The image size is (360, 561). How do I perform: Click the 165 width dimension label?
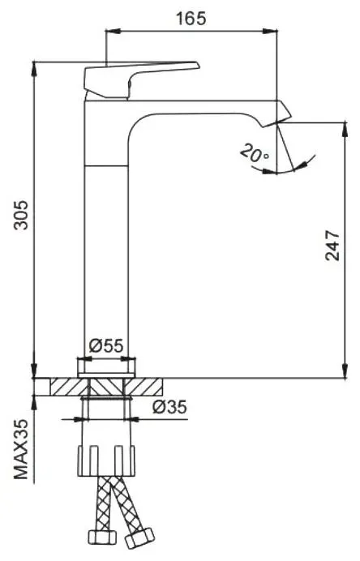coord(191,19)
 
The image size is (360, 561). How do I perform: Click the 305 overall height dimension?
coord(20,215)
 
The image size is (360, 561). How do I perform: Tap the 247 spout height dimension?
coord(332,246)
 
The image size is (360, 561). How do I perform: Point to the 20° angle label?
coord(255,153)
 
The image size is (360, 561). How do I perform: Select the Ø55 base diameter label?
coord(106,345)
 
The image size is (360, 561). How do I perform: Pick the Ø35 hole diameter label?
coord(169,407)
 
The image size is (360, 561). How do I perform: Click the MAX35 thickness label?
coord(21,449)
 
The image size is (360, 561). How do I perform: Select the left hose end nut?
coord(102,537)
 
